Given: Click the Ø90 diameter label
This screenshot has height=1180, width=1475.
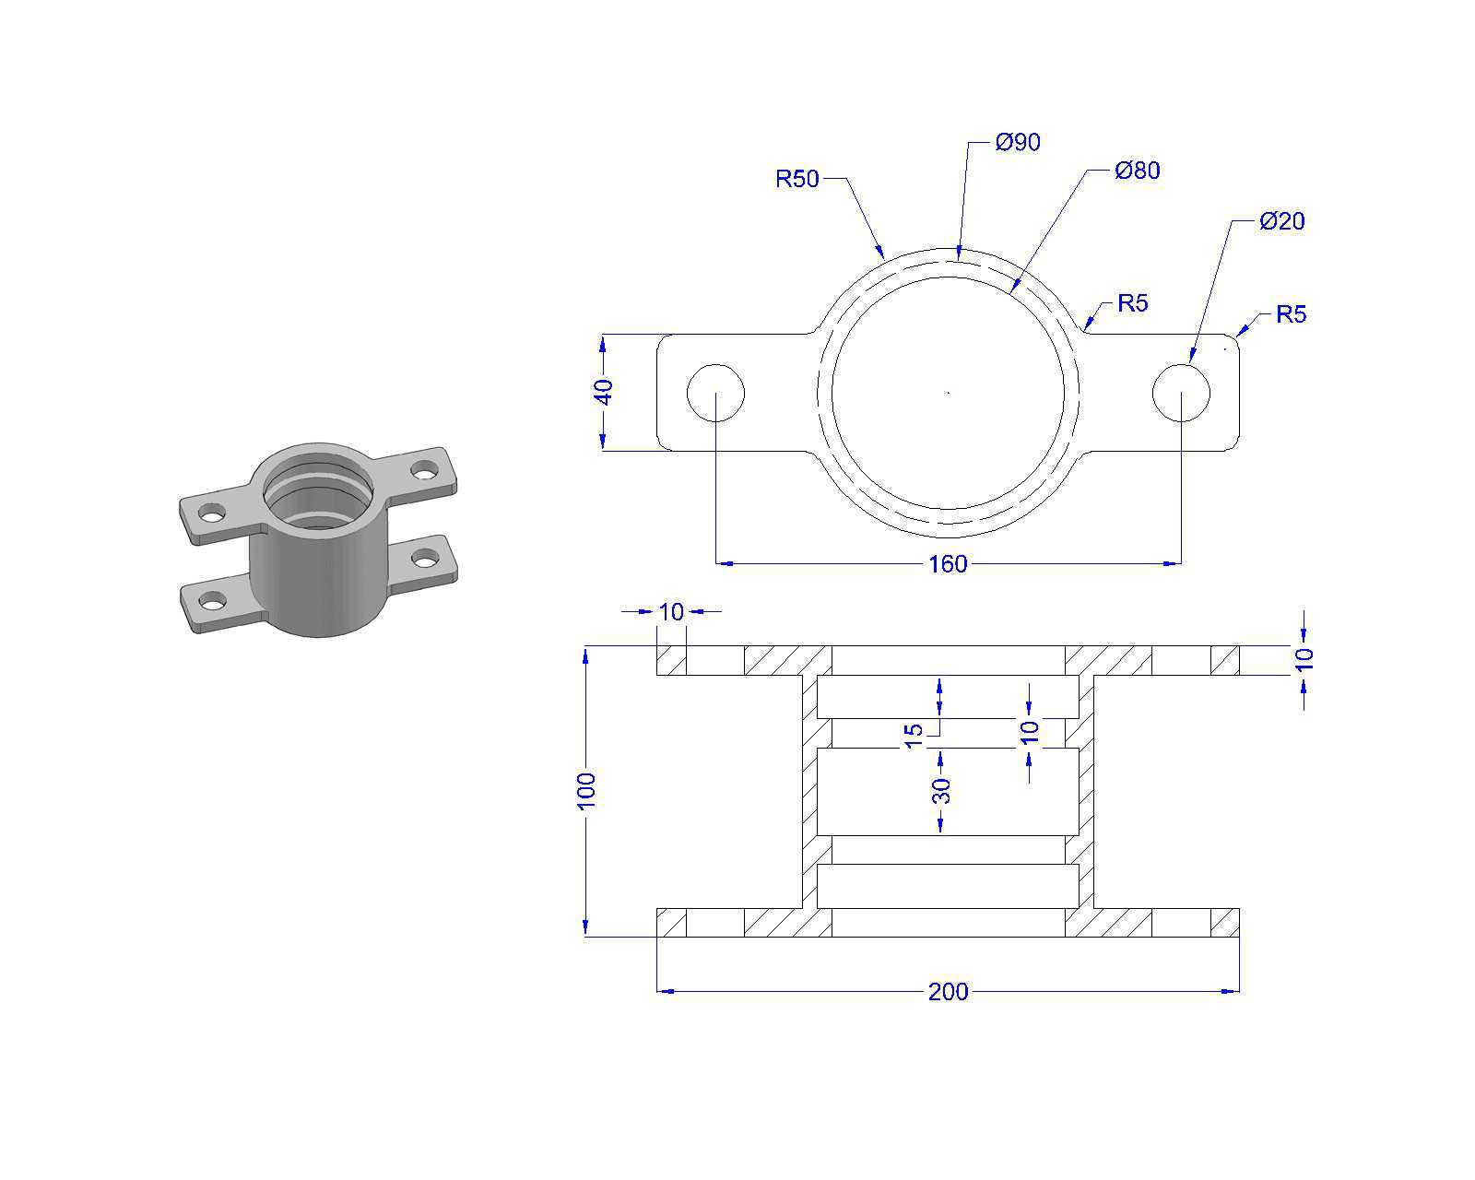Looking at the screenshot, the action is click(x=1017, y=142).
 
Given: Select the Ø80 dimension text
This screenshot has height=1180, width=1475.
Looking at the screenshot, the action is click(x=1137, y=170).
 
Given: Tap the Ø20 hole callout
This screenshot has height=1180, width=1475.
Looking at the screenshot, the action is click(x=1281, y=220).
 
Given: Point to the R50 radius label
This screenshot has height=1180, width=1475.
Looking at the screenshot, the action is click(x=797, y=179).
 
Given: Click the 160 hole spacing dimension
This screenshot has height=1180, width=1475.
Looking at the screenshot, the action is click(x=948, y=563).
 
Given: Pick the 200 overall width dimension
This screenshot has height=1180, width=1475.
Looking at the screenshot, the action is click(x=948, y=991).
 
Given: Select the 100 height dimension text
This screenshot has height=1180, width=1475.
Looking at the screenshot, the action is click(x=586, y=791).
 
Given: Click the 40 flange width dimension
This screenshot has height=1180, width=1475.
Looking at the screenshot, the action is click(x=604, y=392).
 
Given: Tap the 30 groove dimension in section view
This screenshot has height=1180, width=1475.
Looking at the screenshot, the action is click(x=942, y=791).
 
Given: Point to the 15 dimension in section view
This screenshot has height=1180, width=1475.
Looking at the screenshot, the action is click(x=914, y=736).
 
